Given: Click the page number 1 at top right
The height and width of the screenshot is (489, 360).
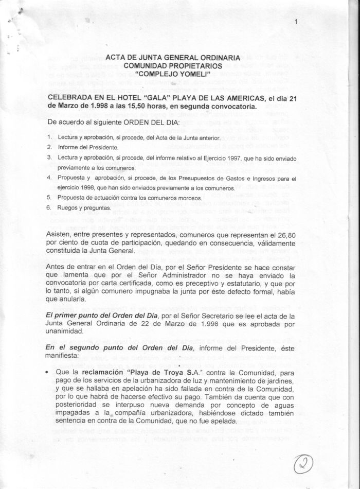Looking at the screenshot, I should click(297, 22).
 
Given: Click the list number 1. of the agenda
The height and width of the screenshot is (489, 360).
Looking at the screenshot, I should click(49, 138).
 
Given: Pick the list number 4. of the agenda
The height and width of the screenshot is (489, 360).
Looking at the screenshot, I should click(49, 178).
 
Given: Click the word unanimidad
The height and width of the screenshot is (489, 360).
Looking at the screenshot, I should click(69, 331).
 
